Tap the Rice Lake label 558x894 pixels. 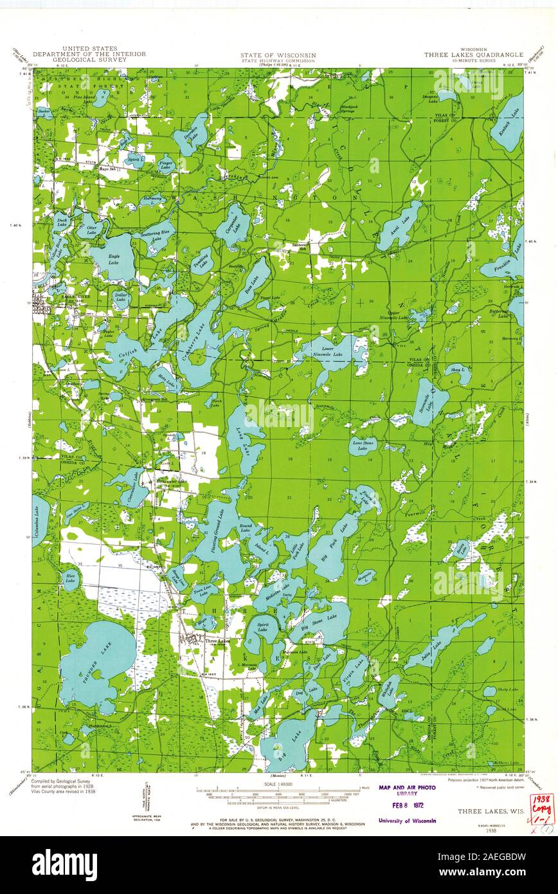[69, 578]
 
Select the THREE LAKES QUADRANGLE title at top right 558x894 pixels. [473, 55]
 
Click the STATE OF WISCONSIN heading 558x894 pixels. [278, 55]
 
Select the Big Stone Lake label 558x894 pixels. [319, 619]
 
